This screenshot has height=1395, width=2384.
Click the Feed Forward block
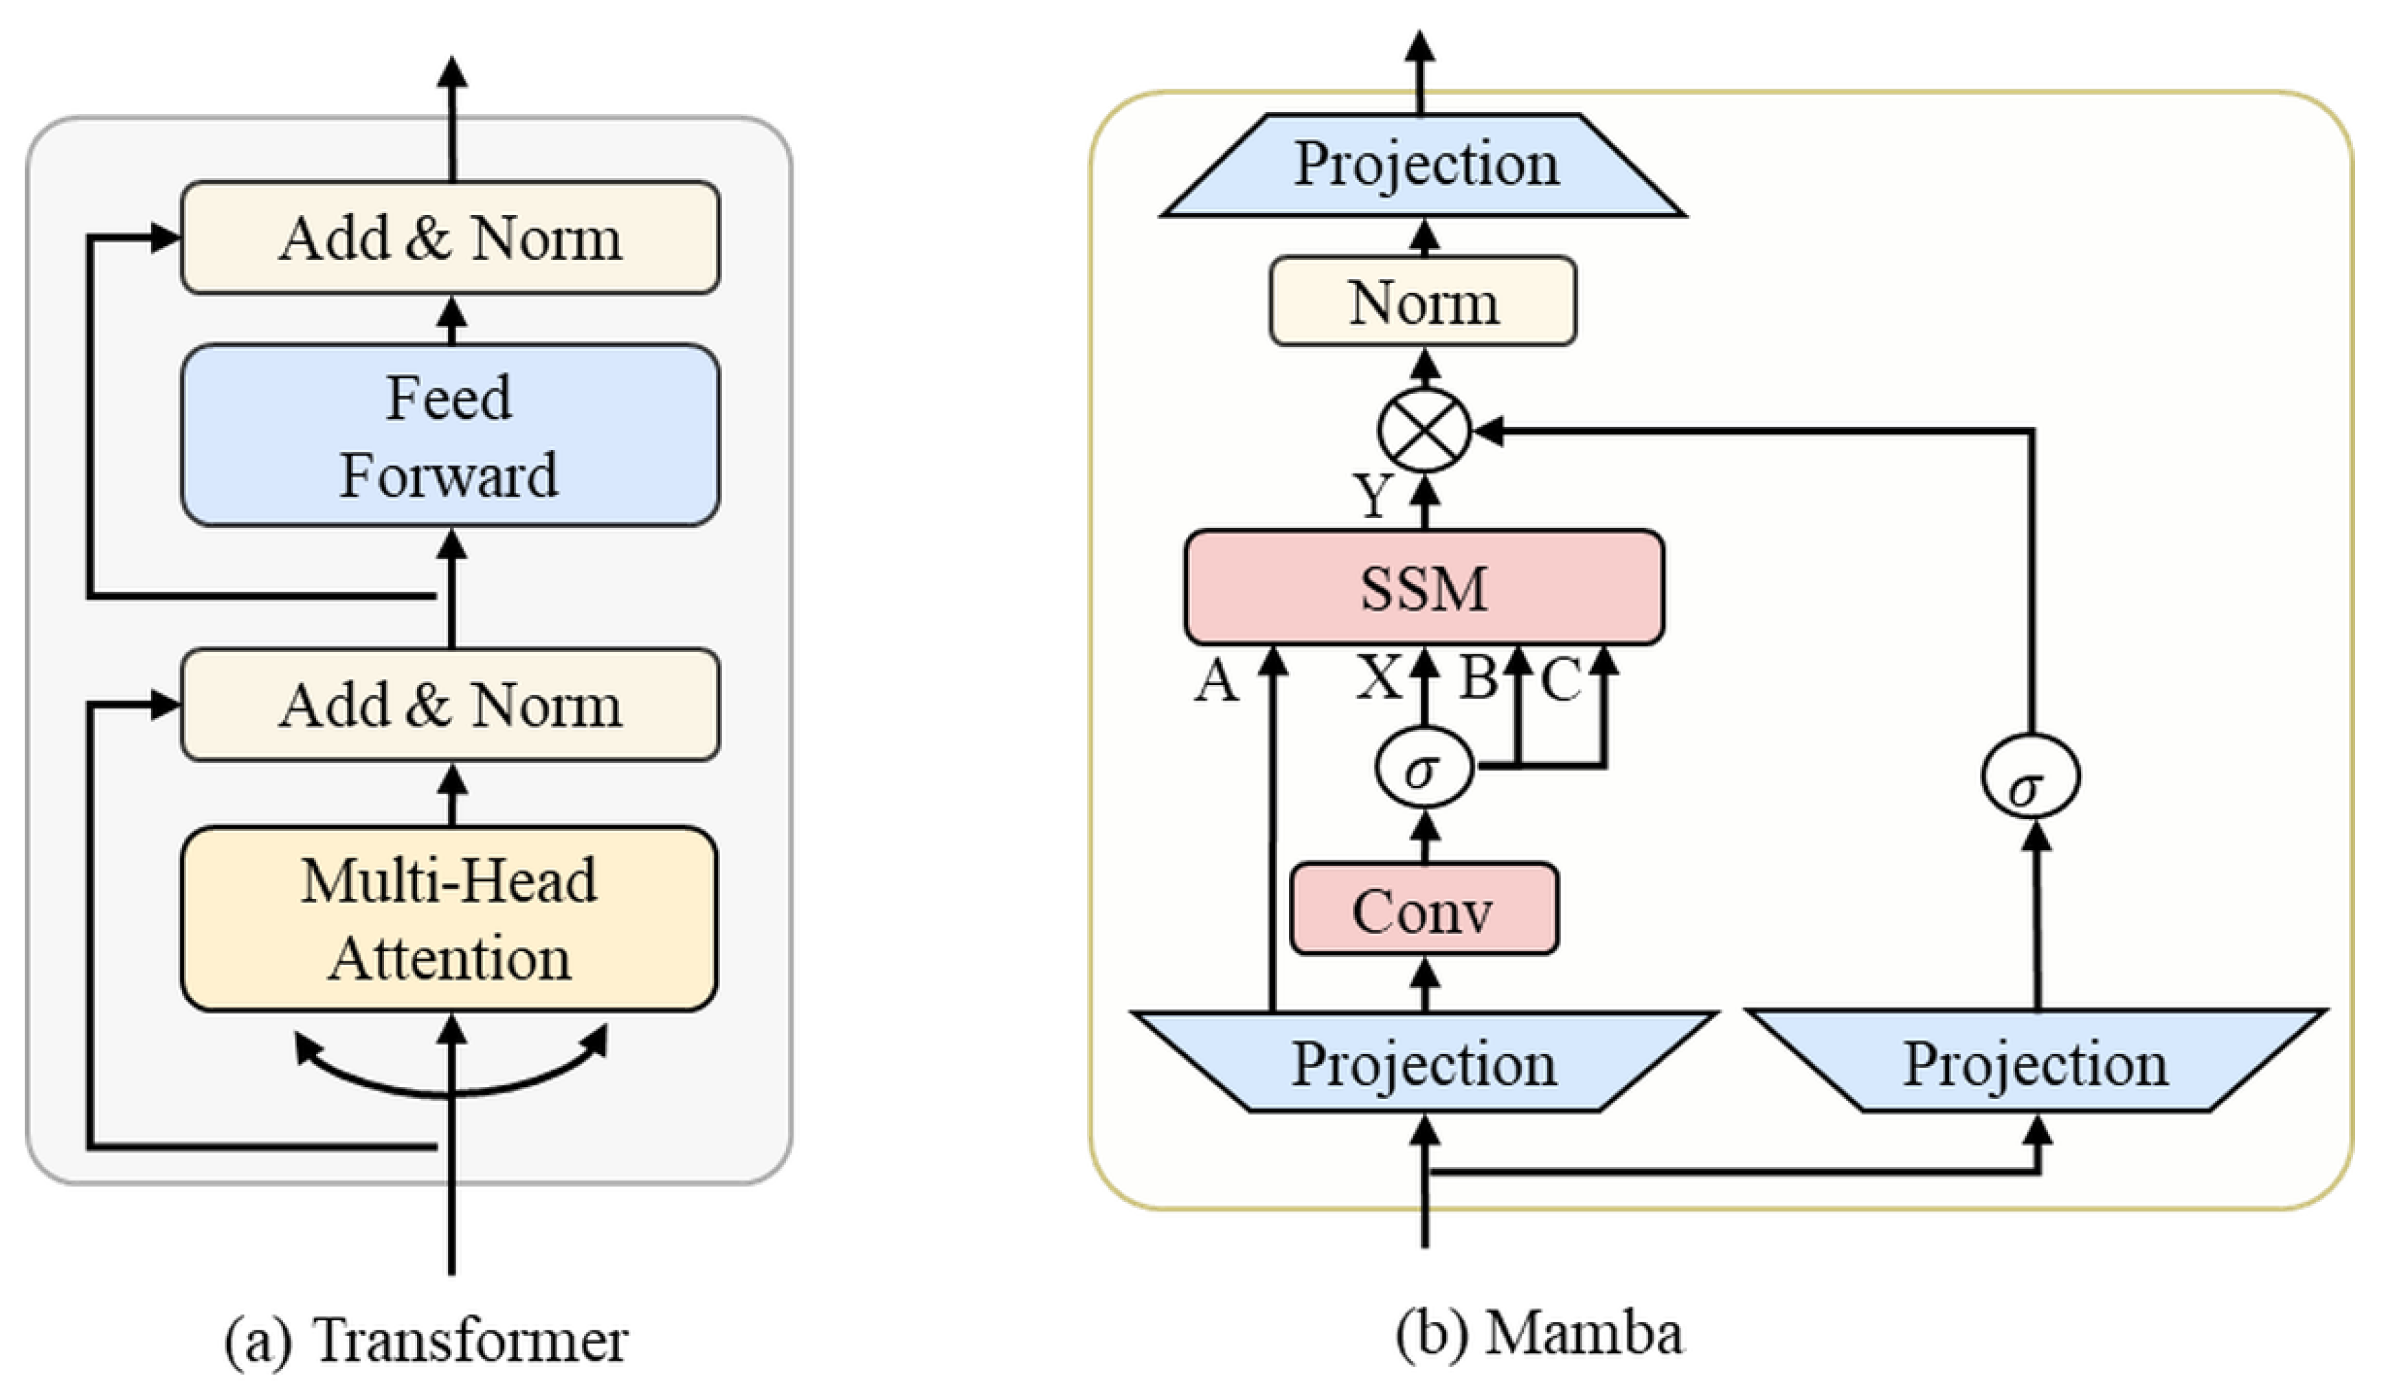click(x=450, y=436)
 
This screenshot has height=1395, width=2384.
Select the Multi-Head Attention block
click(x=450, y=919)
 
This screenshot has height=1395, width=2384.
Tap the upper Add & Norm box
click(x=450, y=238)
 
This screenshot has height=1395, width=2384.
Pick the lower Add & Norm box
click(x=450, y=705)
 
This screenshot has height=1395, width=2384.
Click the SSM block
click(x=1424, y=588)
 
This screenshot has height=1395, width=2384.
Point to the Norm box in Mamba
click(x=1423, y=302)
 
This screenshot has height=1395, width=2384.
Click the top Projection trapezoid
click(x=1424, y=165)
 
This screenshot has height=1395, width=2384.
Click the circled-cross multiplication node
click(x=1424, y=431)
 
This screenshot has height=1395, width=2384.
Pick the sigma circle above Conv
click(x=1424, y=768)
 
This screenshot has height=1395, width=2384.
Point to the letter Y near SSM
click(x=1373, y=494)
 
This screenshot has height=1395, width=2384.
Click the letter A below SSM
click(x=1217, y=680)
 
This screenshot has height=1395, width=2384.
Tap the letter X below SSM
click(x=1380, y=678)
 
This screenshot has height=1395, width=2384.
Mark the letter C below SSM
click(x=1561, y=680)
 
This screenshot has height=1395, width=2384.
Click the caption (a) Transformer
click(x=426, y=1340)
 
